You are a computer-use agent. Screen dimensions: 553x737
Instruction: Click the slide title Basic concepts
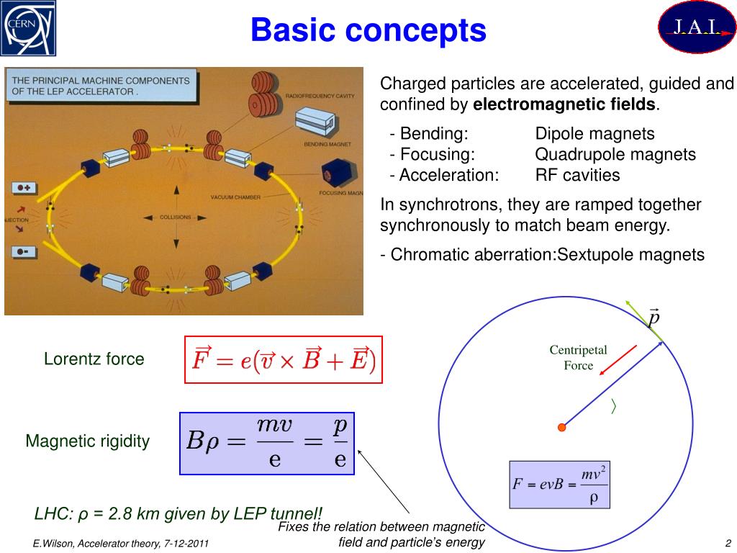[x=368, y=30]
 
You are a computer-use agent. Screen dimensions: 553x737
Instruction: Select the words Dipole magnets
[x=594, y=133]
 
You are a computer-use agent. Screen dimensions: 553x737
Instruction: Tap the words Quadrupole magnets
[x=615, y=154]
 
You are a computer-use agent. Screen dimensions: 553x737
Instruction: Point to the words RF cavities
[x=577, y=175]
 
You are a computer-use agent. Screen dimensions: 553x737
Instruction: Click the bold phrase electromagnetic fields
[x=564, y=104]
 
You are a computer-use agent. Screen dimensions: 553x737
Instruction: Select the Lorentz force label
[x=94, y=359]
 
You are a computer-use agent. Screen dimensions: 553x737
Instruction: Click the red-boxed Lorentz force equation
[x=283, y=359]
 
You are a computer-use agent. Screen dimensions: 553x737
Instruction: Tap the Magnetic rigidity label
[x=88, y=441]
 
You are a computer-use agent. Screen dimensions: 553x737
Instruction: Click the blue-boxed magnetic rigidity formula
[x=267, y=443]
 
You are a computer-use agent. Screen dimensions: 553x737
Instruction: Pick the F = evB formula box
[x=559, y=485]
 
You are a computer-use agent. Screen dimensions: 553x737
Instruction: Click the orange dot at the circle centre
[x=562, y=427]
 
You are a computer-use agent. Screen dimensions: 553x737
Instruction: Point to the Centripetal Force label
[x=578, y=358]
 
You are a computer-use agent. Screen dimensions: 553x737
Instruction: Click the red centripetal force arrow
[x=618, y=360]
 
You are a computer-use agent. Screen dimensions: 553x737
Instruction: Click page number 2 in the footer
[x=728, y=543]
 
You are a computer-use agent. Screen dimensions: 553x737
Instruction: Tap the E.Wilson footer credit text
[x=120, y=543]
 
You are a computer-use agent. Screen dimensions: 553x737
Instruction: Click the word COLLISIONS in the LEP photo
[x=175, y=216]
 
